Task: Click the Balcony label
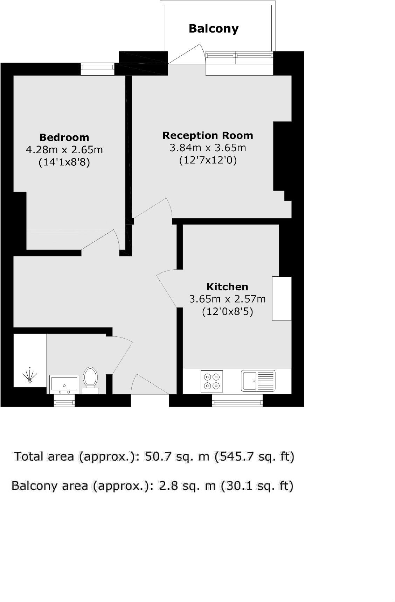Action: [213, 28]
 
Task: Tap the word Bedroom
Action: [64, 137]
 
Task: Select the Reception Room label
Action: [208, 135]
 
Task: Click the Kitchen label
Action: [227, 287]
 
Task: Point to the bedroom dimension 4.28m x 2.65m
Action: [64, 150]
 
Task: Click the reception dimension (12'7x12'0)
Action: [208, 160]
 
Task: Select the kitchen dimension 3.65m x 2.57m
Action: [227, 299]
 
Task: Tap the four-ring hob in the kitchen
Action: [212, 381]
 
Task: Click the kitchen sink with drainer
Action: [258, 381]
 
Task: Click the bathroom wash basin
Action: [64, 384]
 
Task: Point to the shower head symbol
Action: [30, 376]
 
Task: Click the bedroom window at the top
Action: [97, 69]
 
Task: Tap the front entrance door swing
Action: [151, 385]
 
